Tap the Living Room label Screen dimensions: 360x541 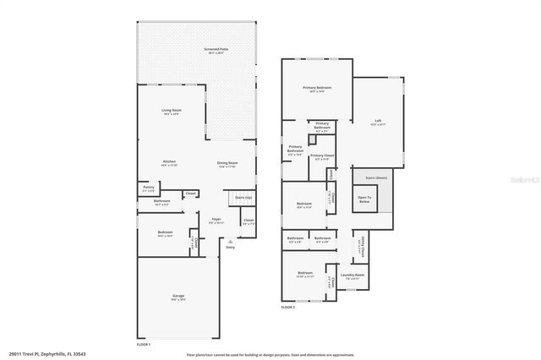172,112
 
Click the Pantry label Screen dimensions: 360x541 148,188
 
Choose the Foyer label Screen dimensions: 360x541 216,221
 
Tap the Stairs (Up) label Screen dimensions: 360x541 243,197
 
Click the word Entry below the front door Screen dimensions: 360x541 230,248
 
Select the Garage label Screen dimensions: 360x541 178,297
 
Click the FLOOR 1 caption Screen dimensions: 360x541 144,345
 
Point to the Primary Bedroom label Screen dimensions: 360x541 316,88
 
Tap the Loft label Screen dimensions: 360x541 378,122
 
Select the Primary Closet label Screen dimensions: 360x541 322,156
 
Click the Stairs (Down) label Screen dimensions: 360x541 376,178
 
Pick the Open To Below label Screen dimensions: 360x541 364,199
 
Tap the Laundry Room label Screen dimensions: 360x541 352,275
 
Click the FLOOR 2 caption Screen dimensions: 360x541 289,308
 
